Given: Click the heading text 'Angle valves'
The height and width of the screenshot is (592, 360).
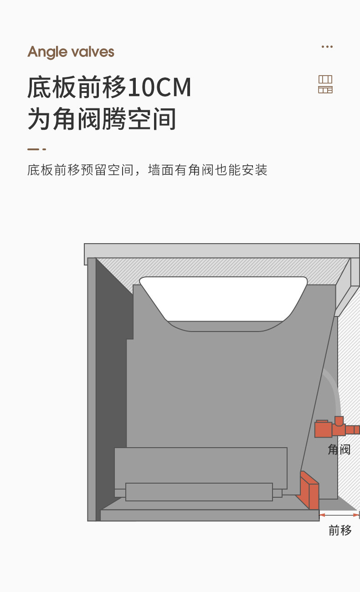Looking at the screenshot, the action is click(71, 52).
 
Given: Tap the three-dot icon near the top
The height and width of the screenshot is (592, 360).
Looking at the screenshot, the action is click(327, 46).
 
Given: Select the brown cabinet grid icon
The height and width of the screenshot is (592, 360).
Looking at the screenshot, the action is click(325, 84).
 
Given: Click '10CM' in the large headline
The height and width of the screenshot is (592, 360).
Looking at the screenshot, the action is click(159, 87).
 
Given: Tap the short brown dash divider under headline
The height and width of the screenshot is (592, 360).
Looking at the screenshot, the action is click(36, 149).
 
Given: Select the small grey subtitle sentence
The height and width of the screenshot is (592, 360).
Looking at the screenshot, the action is click(147, 170).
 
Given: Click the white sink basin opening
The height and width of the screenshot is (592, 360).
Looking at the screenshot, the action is click(223, 298).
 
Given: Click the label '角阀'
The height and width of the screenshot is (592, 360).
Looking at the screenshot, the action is click(339, 449).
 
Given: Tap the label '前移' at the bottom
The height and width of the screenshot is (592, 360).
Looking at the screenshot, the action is click(340, 530).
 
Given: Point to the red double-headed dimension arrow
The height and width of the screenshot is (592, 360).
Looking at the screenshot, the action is click(339, 515).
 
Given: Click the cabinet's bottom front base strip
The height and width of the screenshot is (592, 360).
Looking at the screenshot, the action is click(209, 515).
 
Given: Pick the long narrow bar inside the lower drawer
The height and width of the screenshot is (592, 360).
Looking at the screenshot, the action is click(199, 492).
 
